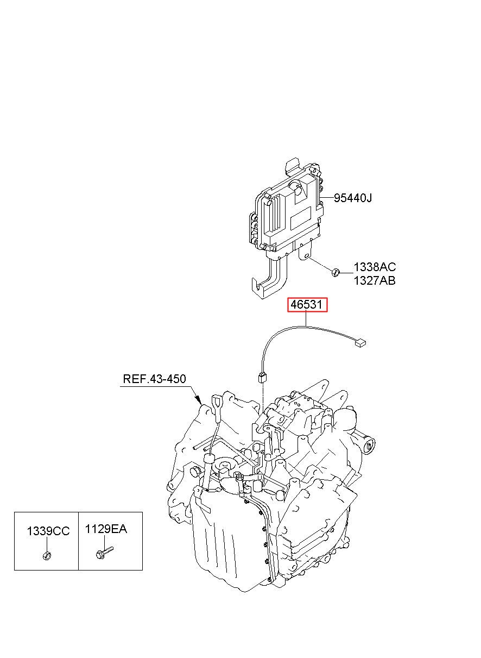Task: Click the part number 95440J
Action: (353, 198)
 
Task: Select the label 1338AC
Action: (375, 267)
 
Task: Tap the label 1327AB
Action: (375, 281)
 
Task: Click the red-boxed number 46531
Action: (307, 305)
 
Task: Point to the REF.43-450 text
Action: (154, 379)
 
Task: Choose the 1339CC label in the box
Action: (48, 531)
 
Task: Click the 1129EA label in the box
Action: (106, 529)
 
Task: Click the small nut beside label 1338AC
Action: (336, 272)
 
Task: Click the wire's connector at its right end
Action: (360, 343)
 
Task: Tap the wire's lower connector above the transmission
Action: (262, 378)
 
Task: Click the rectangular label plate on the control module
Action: (301, 218)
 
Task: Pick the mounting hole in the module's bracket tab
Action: (306, 256)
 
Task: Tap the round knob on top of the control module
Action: (295, 187)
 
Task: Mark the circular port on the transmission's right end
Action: (369, 447)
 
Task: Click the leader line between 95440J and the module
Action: (327, 198)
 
